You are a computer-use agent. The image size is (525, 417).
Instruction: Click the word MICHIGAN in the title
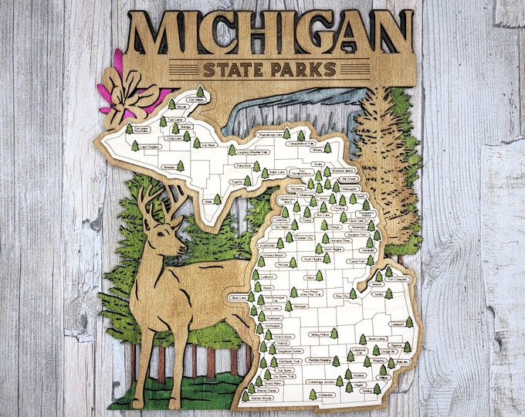click(270, 35)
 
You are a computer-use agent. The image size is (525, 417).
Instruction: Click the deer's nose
click(184, 249)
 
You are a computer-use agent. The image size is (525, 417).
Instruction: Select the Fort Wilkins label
click(199, 99)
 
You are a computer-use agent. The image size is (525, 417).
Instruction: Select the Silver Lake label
click(235, 297)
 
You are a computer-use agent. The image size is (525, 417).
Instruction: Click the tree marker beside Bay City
click(353, 293)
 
